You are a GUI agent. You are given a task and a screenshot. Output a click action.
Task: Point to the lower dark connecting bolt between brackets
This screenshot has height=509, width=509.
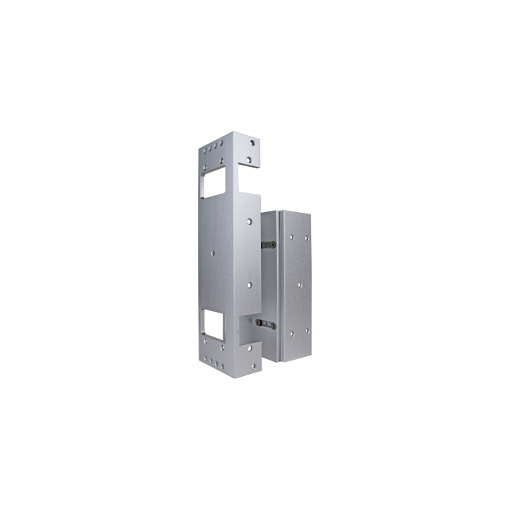[264, 324]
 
